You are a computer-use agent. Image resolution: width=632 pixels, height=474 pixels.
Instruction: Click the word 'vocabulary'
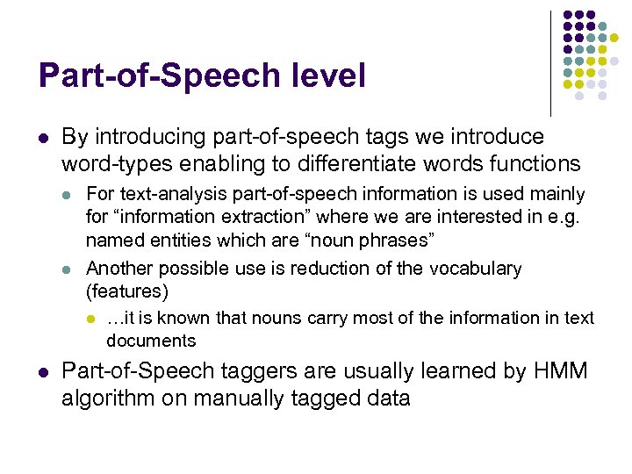(x=475, y=269)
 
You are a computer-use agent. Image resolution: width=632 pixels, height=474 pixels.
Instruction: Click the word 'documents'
(x=151, y=340)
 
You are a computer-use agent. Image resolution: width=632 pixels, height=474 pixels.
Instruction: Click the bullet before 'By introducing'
(x=42, y=138)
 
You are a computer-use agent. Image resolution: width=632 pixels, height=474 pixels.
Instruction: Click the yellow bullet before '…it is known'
(x=90, y=319)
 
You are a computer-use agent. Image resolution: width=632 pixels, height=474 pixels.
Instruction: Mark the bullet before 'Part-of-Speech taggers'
(x=42, y=372)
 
